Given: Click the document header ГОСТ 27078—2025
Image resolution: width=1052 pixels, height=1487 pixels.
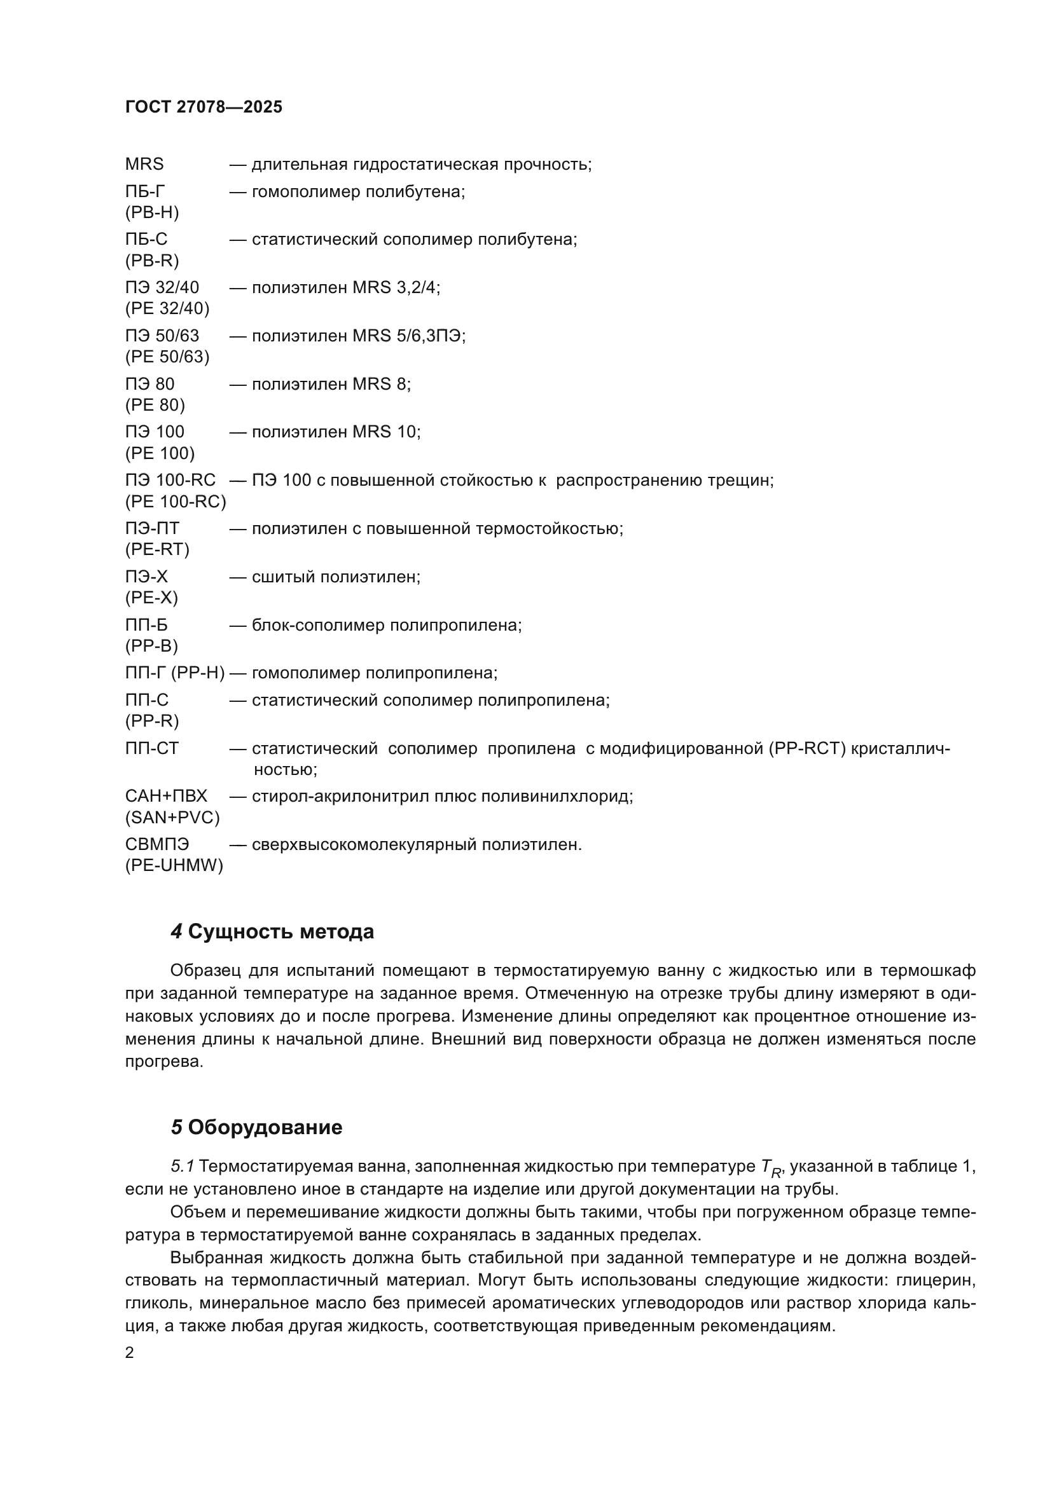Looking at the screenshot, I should [x=204, y=107].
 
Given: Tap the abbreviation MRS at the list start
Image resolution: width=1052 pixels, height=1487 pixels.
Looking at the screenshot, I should [x=144, y=164].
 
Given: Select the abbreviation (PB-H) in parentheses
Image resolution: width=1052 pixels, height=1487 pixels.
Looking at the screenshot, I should [x=151, y=212].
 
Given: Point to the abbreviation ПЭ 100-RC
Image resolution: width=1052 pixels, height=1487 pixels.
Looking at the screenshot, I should [x=170, y=480].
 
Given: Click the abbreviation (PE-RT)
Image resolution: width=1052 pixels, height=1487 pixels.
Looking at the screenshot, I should [x=156, y=549].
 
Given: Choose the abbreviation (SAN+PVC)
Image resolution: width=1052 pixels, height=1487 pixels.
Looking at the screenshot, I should [x=172, y=818].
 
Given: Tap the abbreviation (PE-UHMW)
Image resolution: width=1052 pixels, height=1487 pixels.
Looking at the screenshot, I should [x=174, y=865].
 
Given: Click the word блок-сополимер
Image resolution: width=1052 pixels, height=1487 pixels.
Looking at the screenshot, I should [x=306, y=625].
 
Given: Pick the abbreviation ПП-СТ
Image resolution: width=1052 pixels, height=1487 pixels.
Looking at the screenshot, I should [x=151, y=748].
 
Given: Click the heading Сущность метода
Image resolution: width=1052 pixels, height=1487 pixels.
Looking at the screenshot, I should [x=280, y=932].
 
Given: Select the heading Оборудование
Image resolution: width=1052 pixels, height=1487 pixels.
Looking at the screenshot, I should [x=265, y=1128].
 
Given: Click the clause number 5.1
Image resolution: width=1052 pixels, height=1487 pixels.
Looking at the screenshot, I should [x=182, y=1167].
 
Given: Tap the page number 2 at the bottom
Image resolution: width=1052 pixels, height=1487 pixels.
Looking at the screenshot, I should [x=130, y=1353].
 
